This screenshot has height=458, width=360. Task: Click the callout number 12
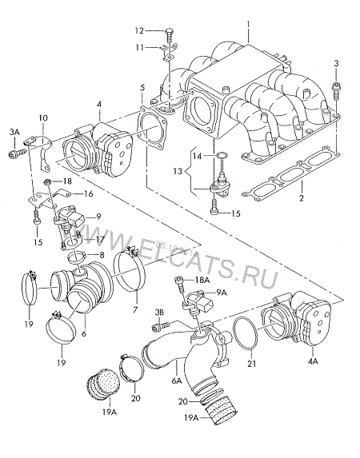(139, 30)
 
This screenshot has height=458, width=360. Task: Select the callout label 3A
(14, 132)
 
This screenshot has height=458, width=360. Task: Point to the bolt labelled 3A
(17, 153)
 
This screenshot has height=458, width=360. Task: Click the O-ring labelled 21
(246, 334)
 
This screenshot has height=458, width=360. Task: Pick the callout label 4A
(313, 361)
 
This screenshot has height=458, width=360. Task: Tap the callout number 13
(178, 171)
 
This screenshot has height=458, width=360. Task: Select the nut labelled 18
(47, 182)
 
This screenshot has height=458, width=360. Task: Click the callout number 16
(88, 193)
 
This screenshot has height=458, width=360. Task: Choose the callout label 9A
(221, 293)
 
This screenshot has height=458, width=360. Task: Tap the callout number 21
(251, 364)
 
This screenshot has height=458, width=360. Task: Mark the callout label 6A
(177, 380)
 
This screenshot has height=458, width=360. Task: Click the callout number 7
(135, 309)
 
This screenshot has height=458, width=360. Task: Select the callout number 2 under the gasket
(302, 198)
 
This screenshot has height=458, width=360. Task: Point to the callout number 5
(142, 88)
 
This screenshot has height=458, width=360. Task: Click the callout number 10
(42, 118)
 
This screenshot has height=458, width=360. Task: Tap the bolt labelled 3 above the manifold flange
(336, 90)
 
